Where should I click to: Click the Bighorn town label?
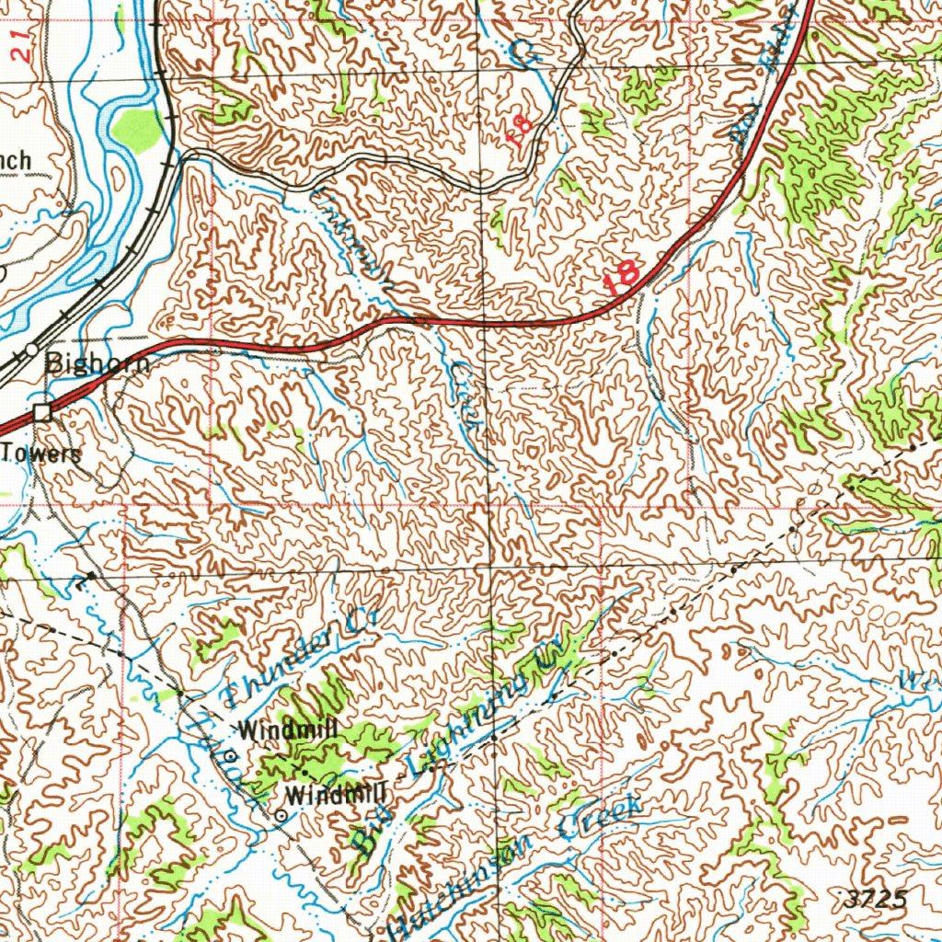tap(97, 362)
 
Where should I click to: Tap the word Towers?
tap(40, 453)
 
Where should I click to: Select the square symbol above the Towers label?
tap(42, 413)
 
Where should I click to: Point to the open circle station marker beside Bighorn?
tap(32, 350)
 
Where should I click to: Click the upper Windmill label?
tap(288, 731)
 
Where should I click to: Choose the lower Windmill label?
tap(336, 793)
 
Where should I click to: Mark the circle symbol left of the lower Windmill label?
tap(281, 815)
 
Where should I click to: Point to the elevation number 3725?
tap(874, 899)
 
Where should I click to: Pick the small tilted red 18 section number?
tap(521, 132)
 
